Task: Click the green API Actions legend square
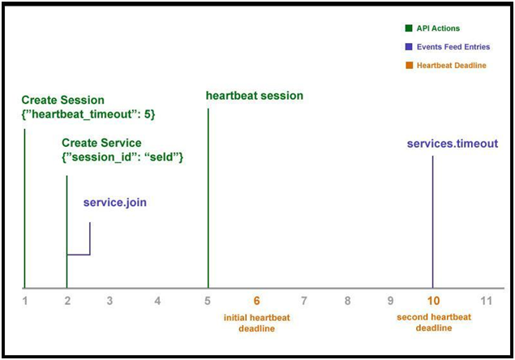(409, 28)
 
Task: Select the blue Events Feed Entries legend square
(409, 47)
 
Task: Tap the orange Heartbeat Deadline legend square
(409, 65)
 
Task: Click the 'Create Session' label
(62, 100)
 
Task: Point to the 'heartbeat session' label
(255, 96)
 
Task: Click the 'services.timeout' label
(453, 144)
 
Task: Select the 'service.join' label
(115, 203)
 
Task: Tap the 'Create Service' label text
(101, 143)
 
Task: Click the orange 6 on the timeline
(256, 301)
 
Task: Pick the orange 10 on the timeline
(434, 301)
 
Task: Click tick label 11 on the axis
(486, 301)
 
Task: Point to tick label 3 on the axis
(109, 301)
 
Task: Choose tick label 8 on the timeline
(347, 301)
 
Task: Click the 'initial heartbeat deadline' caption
(257, 323)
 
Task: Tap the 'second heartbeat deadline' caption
(434, 322)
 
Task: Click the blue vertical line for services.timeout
(432, 222)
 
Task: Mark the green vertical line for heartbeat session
(208, 199)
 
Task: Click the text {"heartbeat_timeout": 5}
(88, 114)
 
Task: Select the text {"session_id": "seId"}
(122, 157)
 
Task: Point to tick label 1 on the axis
(25, 301)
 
